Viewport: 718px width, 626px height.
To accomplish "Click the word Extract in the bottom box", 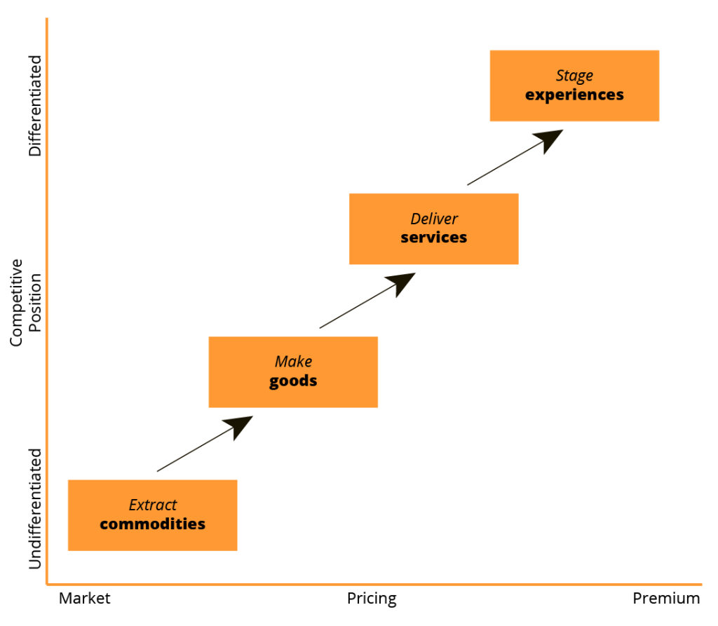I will point(153,505).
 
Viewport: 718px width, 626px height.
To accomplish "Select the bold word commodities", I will point(152,524).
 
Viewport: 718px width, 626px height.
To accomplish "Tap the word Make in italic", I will point(293,362).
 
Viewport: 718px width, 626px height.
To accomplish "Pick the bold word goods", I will point(293,381).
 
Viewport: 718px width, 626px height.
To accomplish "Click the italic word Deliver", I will point(434,219).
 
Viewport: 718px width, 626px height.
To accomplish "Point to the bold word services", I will point(433,238).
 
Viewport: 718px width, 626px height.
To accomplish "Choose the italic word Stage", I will point(574,76).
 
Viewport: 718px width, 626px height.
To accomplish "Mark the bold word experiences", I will point(574,95).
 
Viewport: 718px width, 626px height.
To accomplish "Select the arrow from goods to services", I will point(367,301).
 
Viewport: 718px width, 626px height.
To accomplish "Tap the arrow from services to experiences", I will point(514,158).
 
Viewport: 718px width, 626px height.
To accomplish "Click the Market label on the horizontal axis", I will point(85,599).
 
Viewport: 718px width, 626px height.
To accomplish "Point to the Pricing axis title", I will point(372,599).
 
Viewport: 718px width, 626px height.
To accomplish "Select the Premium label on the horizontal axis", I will point(666,599).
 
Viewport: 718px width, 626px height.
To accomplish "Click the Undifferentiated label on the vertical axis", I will point(35,508).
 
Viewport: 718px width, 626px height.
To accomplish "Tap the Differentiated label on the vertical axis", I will point(35,106).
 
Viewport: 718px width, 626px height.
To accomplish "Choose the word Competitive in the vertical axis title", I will point(17,302).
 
